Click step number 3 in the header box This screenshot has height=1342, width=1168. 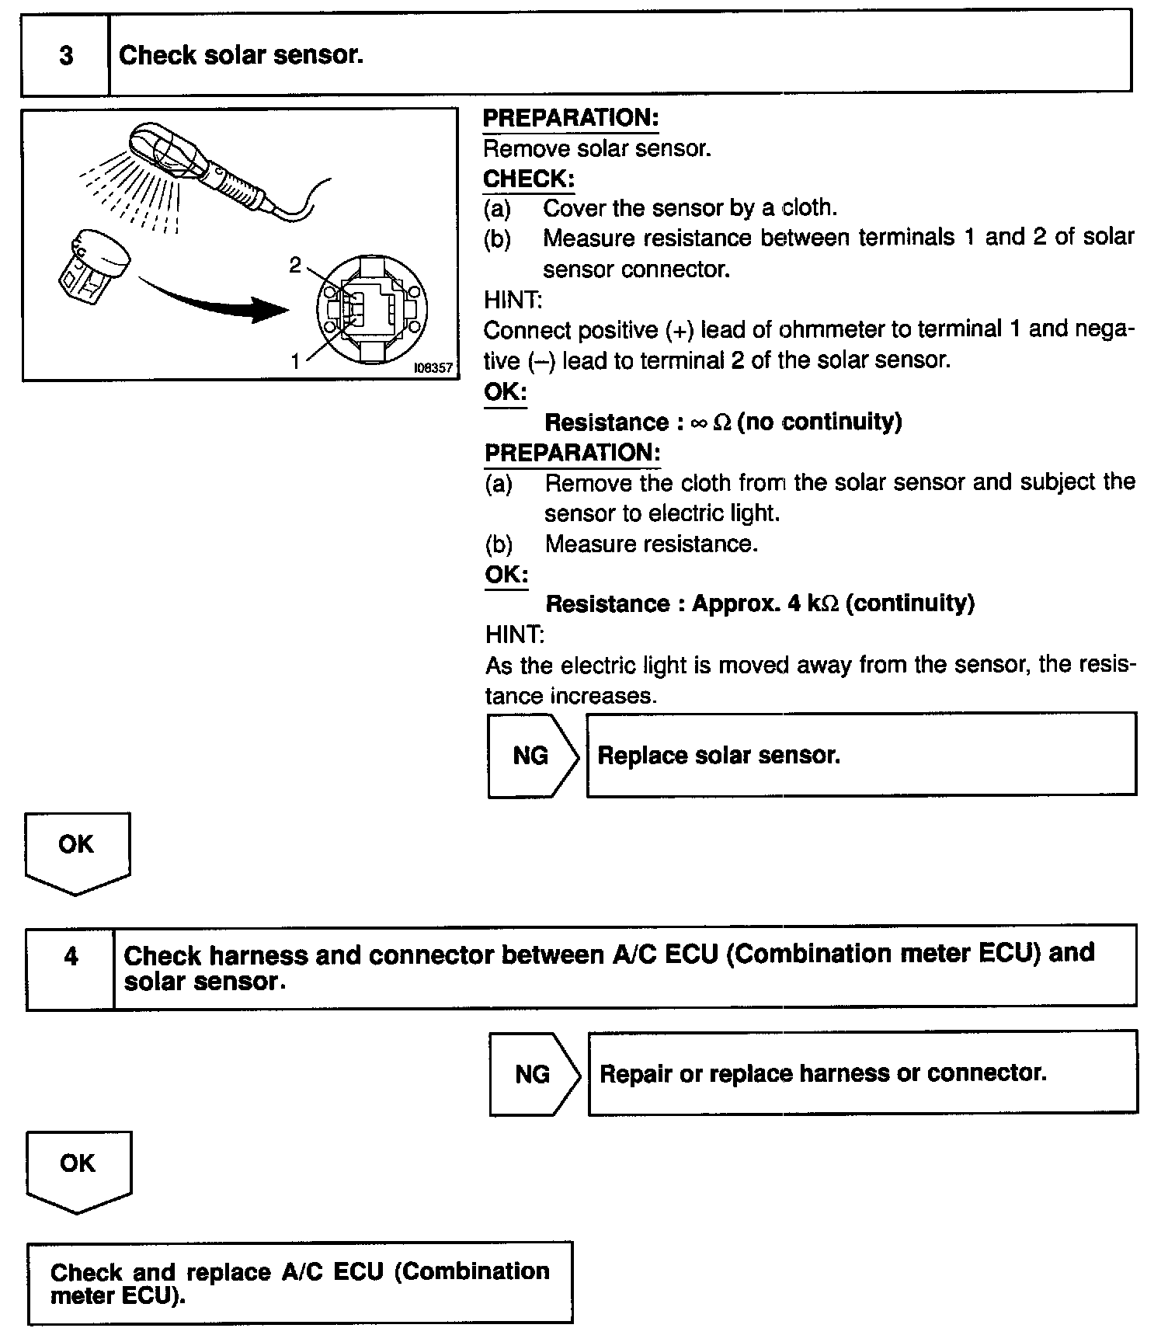pos(66,55)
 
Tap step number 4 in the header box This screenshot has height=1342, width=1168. pos(71,956)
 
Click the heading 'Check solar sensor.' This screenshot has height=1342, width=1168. pos(241,55)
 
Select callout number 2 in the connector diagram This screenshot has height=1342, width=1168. pos(295,266)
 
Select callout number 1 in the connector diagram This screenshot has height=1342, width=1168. pos(295,361)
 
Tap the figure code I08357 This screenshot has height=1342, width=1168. pos(433,367)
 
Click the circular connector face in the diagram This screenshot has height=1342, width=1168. pos(372,307)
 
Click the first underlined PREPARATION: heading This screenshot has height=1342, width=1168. pos(571,118)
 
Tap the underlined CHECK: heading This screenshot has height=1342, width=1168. pos(528,179)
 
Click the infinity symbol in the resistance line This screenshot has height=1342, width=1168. pos(698,422)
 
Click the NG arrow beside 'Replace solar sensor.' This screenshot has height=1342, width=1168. pos(533,756)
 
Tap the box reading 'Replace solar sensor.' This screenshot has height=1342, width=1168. pos(860,756)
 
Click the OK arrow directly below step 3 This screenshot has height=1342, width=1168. pos(77,851)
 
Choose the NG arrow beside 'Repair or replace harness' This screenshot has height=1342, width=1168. pos(534,1074)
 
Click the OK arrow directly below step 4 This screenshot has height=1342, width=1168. pos(78,1170)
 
